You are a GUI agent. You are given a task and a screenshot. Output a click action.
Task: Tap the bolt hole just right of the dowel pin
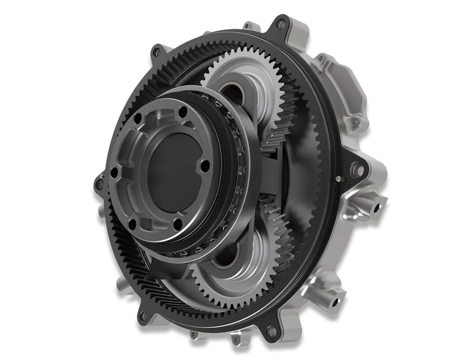[x=360, y=170]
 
